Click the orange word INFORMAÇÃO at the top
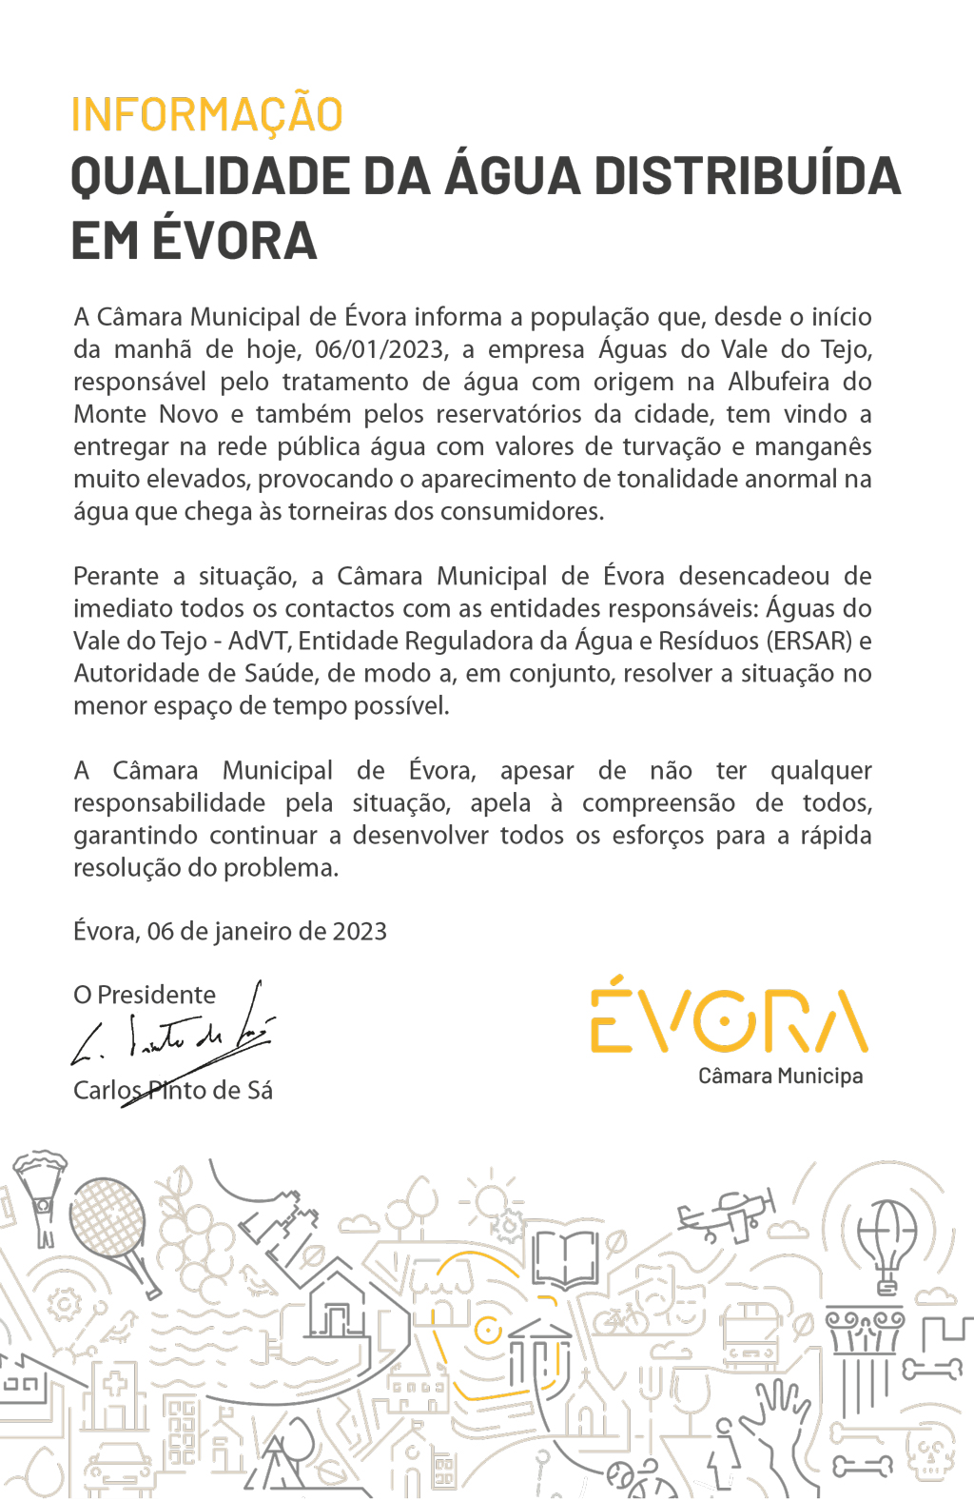pos(206,115)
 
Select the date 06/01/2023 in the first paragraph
pos(380,349)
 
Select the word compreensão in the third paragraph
pos(658,803)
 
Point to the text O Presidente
pos(145,995)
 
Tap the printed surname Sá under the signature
pos(260,1090)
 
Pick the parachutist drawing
pos(40,1195)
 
